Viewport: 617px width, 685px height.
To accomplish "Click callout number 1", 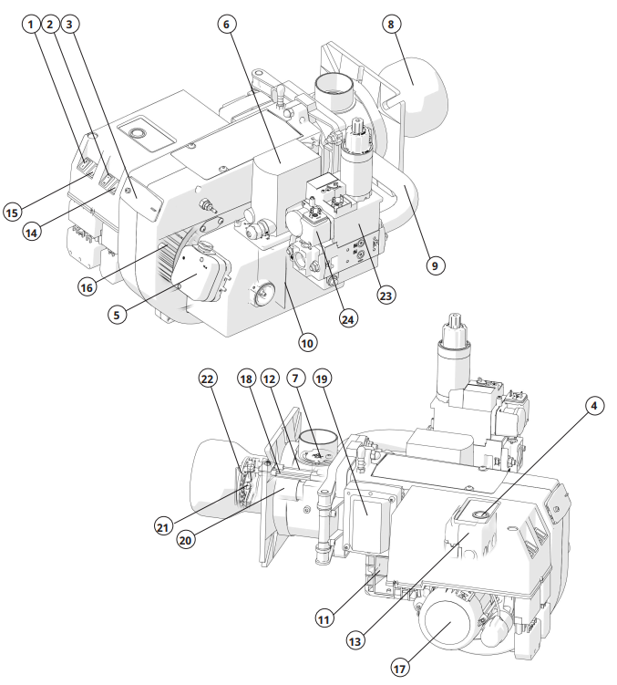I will tap(34, 25).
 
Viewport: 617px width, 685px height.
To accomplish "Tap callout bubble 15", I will tap(13, 212).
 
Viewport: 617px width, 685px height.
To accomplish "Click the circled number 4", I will tap(594, 404).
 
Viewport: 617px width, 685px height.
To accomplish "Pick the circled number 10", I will tap(306, 344).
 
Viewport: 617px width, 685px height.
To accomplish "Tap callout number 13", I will tap(354, 642).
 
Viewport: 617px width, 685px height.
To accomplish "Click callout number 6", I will tap(228, 25).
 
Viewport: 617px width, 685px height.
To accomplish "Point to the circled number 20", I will tap(187, 540).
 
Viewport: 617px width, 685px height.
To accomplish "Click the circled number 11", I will tap(324, 618).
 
